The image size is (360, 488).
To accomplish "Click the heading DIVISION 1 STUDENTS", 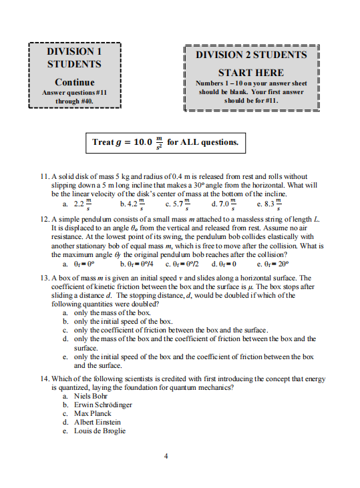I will [74, 57].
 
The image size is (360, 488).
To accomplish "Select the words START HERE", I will [251, 72].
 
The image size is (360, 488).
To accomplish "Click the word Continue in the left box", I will [74, 81].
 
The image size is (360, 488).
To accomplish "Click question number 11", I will [45, 177].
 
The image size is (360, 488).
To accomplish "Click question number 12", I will [45, 218].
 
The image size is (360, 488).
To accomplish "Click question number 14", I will [45, 379].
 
